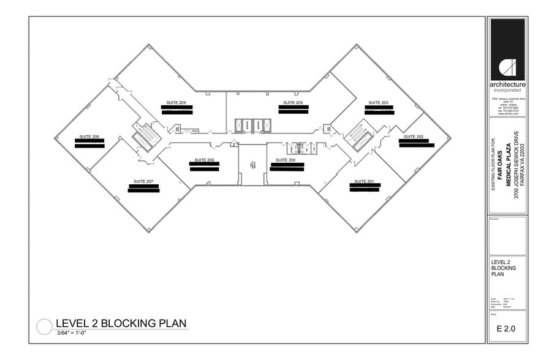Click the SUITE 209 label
[x=176, y=102]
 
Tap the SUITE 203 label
[x=378, y=102]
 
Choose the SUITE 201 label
[x=364, y=182]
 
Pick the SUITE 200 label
[x=286, y=160]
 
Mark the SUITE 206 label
[x=204, y=160]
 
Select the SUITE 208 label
[x=89, y=137]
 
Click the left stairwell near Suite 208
[x=146, y=135]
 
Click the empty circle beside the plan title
[x=45, y=327]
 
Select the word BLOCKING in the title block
[x=504, y=268]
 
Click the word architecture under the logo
[x=507, y=85]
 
